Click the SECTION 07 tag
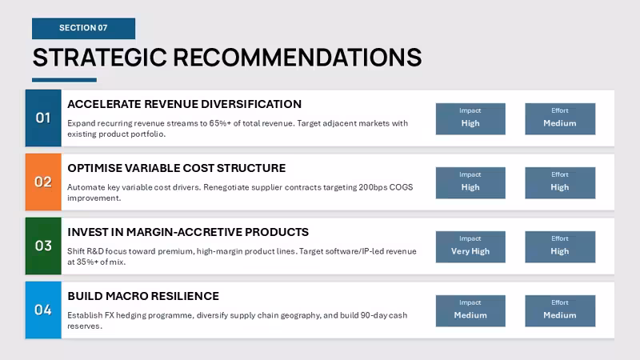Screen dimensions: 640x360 84,28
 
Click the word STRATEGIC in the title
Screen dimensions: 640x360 99,57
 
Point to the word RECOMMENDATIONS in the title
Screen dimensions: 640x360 298,57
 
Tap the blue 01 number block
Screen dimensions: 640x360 43,118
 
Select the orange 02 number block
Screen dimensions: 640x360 43,182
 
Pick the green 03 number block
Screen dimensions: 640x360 43,246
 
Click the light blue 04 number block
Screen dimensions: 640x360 43,310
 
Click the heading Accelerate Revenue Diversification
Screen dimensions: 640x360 185,104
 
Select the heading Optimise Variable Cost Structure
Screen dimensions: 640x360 176,168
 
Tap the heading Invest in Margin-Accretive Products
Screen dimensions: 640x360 188,232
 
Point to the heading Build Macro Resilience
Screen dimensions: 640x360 143,296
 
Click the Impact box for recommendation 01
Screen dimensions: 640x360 470,118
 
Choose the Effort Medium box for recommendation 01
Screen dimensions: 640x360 560,118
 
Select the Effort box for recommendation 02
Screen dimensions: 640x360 560,183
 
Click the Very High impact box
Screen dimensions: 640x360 470,247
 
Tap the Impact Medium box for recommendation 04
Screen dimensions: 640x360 470,311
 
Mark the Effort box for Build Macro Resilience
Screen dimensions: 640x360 560,311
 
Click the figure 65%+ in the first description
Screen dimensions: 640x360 220,123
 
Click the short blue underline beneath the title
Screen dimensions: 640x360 65,80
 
